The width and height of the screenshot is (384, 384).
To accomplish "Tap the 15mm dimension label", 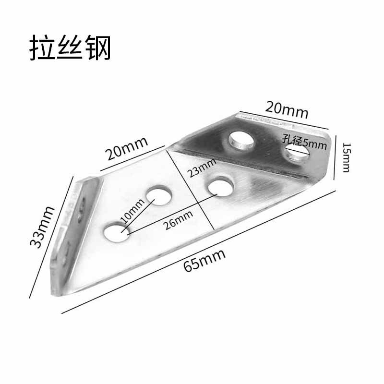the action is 347,159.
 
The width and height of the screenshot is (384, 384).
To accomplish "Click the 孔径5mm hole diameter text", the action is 304,142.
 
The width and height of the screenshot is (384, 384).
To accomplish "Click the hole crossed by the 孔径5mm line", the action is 297,153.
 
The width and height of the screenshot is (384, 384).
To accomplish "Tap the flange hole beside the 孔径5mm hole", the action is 241,139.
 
